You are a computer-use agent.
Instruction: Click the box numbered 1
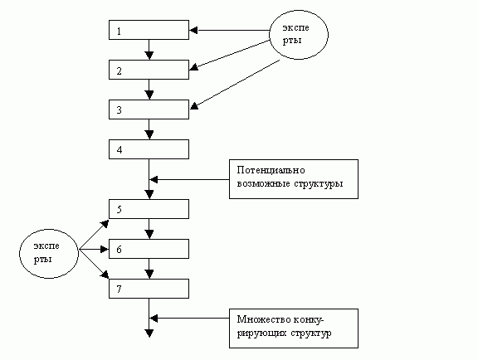(149, 31)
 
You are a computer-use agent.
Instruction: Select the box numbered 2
(149, 70)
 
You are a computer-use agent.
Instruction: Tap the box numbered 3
(149, 109)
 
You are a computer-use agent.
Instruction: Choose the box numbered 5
(149, 208)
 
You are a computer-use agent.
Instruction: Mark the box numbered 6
(149, 248)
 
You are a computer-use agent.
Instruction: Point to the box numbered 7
(149, 288)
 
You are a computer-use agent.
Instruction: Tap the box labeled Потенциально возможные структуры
(294, 178)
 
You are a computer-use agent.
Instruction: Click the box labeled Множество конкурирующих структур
(294, 328)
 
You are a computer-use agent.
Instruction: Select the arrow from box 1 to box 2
(149, 50)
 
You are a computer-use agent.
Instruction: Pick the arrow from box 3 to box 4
(149, 129)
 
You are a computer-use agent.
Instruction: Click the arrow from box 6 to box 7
(149, 268)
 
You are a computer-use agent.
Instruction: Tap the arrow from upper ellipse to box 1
(232, 31)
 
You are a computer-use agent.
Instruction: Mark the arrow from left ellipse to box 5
(93, 235)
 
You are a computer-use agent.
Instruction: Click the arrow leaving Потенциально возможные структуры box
(190, 178)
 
